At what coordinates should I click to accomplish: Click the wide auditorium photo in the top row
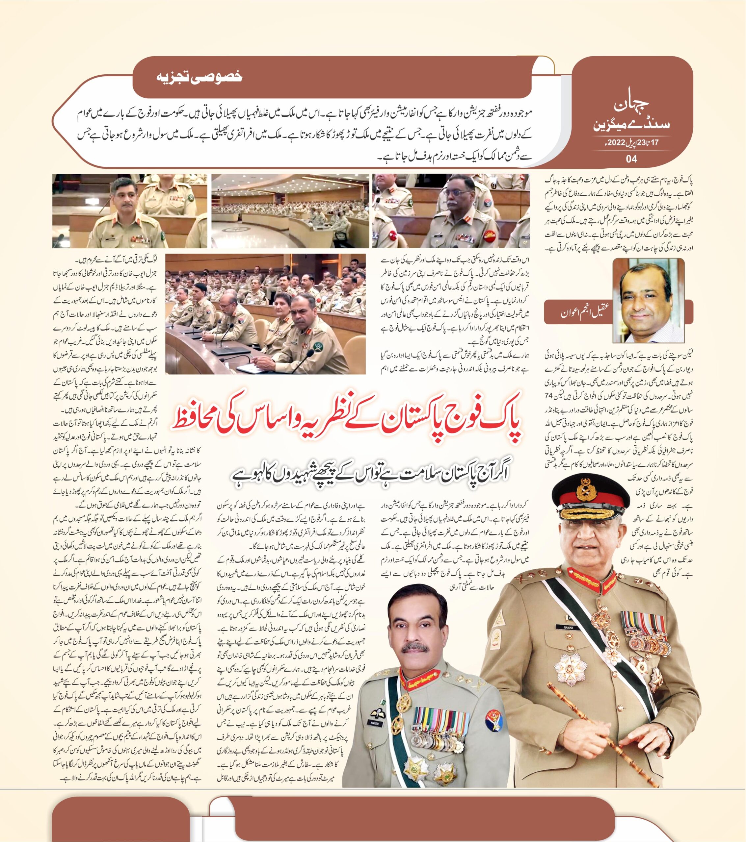(x=291, y=210)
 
